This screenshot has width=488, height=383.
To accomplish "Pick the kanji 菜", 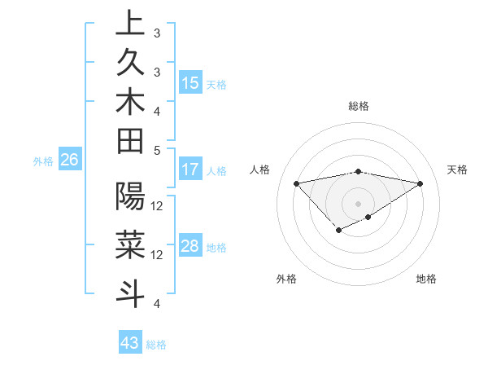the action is [130, 244].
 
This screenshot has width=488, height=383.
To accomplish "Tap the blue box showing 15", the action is [190, 83].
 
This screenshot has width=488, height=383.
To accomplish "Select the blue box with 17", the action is [190, 170].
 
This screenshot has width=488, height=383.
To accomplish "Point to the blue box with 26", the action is [69, 161].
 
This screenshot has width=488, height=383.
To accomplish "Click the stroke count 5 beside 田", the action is [156, 150].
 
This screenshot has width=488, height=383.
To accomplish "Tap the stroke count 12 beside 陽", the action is [157, 205].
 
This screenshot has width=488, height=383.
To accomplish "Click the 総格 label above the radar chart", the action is [358, 106].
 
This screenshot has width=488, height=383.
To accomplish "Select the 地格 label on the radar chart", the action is [426, 279].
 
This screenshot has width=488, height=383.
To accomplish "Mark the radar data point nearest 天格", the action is [420, 183].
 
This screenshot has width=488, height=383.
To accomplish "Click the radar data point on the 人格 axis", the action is [296, 183].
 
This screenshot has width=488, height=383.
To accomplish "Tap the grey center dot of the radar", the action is [358, 203].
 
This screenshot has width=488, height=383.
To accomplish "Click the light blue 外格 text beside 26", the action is [43, 161].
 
